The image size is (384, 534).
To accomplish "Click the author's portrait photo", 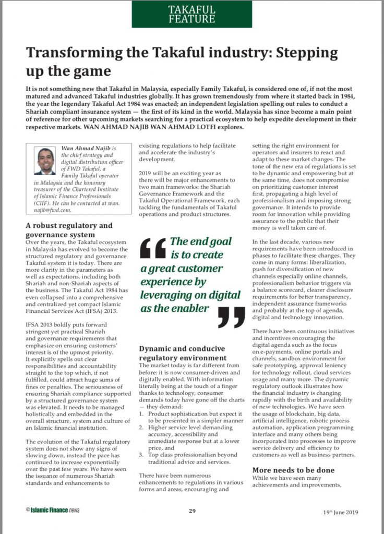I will pyautogui.click(x=45, y=161).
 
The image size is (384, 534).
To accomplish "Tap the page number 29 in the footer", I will pyautogui.click(x=192, y=511).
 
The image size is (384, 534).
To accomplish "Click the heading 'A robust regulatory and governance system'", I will pyautogui.click(x=69, y=230).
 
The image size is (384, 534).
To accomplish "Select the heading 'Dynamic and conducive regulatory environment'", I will pyautogui.click(x=183, y=353).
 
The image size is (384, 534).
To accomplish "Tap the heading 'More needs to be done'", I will pyautogui.click(x=293, y=470).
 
